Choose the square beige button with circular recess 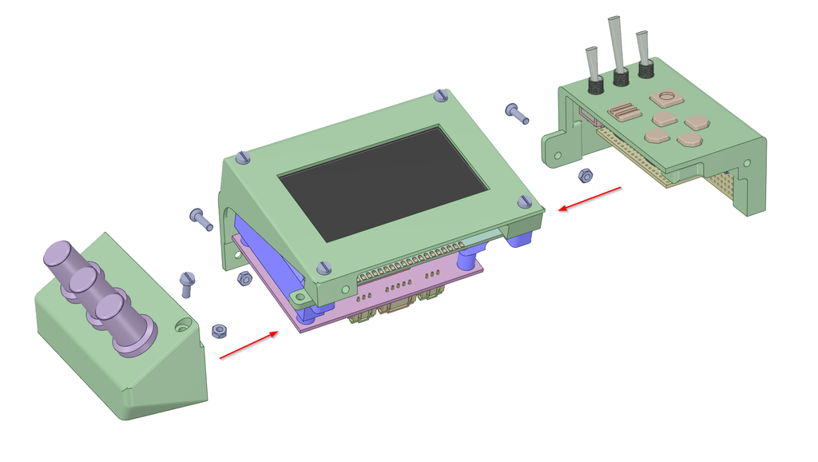click(665, 98)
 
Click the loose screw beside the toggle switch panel click(517, 113)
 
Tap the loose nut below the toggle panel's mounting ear click(585, 174)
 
